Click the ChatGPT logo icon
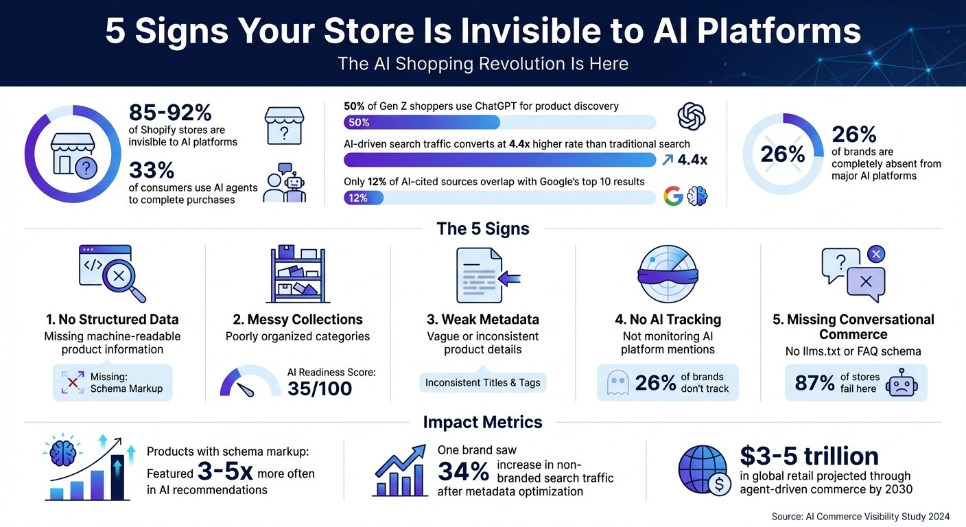tap(692, 116)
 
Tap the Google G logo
tap(674, 197)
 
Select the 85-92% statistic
tap(170, 113)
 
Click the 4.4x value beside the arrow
tap(692, 160)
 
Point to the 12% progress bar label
tap(358, 198)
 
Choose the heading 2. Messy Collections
tap(298, 319)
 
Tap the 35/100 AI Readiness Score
tap(319, 388)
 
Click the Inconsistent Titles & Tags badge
tap(482, 382)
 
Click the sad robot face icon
tap(900, 383)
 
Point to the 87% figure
tap(814, 383)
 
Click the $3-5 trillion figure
tap(809, 456)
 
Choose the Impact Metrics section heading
tap(482, 422)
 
